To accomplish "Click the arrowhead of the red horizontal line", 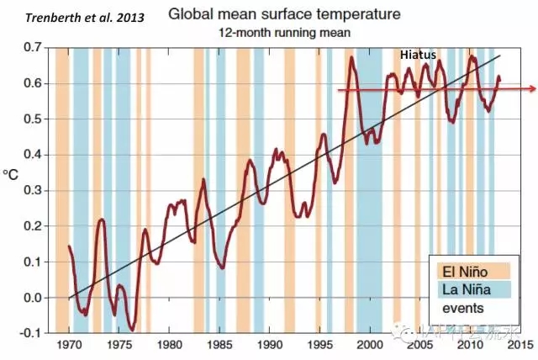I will [x=533, y=88].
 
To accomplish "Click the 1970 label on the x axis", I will [x=70, y=345].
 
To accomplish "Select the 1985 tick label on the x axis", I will [x=219, y=345].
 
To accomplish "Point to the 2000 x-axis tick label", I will [x=369, y=345].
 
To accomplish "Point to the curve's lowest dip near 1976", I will [x=132, y=329].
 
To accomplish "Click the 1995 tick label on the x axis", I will [x=319, y=345].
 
